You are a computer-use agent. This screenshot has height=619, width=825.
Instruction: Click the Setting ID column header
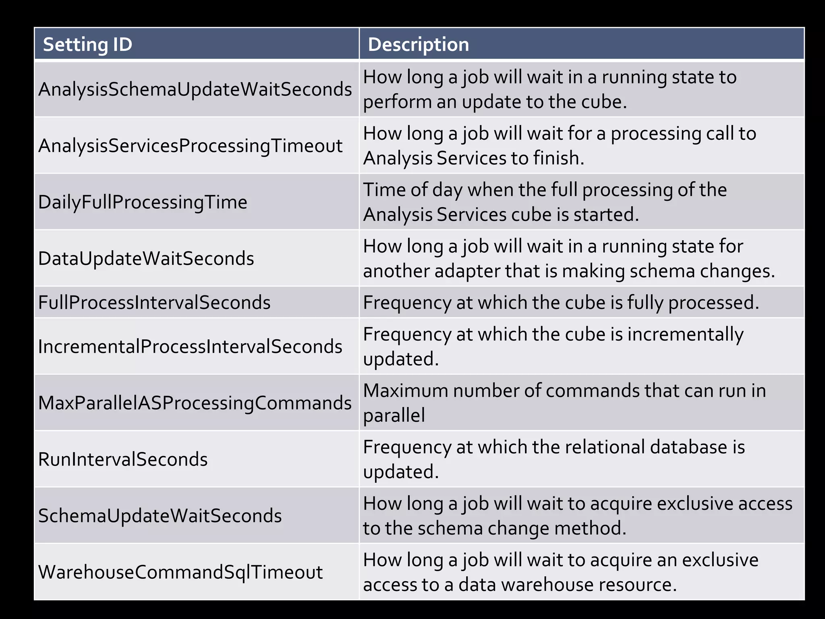pyautogui.click(x=87, y=44)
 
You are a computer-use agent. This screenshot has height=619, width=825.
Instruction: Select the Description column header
pyautogui.click(x=418, y=44)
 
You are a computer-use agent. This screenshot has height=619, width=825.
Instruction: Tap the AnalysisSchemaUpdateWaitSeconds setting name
pyautogui.click(x=195, y=89)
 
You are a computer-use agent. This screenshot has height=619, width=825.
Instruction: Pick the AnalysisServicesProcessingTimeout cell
pyautogui.click(x=190, y=146)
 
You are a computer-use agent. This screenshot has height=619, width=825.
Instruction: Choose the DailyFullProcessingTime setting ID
pyautogui.click(x=143, y=202)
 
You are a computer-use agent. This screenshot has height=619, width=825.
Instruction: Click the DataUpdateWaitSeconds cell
pyautogui.click(x=146, y=259)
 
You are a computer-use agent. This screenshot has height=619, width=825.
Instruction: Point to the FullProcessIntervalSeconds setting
pyautogui.click(x=154, y=303)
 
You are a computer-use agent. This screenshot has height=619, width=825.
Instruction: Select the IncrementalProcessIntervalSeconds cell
pyautogui.click(x=190, y=347)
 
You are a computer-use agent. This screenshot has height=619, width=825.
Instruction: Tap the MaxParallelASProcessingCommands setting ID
pyautogui.click(x=195, y=403)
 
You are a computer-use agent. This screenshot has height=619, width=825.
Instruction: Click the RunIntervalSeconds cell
pyautogui.click(x=123, y=459)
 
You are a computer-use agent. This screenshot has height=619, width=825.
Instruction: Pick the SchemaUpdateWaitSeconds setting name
pyautogui.click(x=160, y=516)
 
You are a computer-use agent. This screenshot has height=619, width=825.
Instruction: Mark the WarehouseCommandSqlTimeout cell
pyautogui.click(x=180, y=572)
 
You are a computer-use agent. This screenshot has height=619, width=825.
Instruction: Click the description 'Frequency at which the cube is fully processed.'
pyautogui.click(x=561, y=303)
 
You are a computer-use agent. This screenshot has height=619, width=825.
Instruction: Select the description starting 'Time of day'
pyautogui.click(x=545, y=202)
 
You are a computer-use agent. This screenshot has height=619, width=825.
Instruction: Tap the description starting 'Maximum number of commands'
pyautogui.click(x=564, y=403)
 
